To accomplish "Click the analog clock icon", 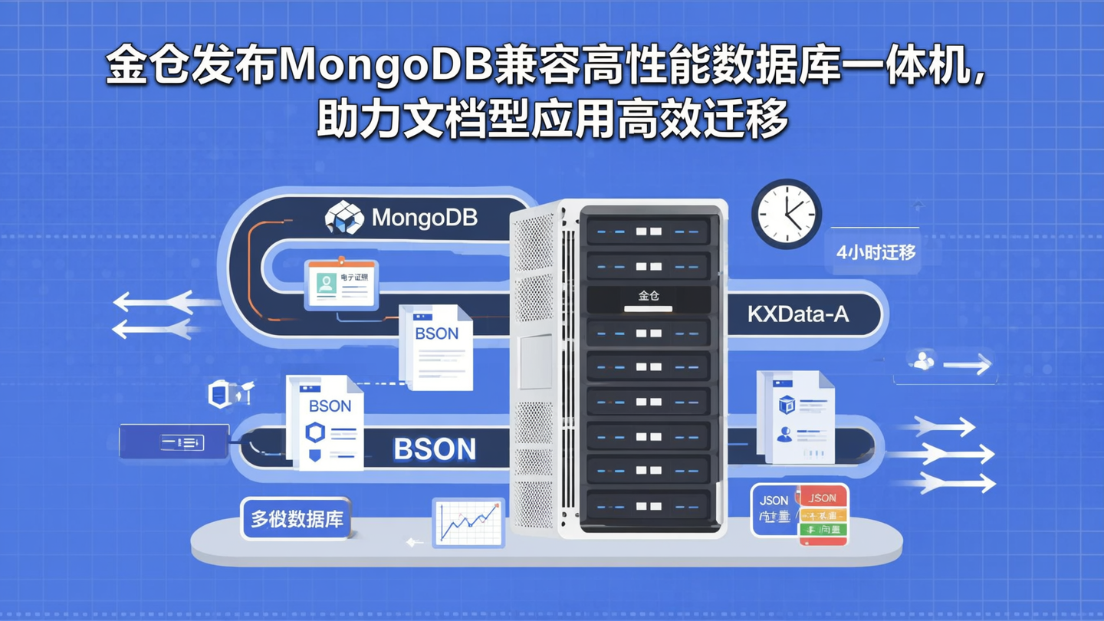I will pyautogui.click(x=786, y=214).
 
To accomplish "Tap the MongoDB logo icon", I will pyautogui.click(x=344, y=218).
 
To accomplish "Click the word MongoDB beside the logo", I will pyautogui.click(x=424, y=218).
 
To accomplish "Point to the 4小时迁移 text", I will pyautogui.click(x=876, y=251).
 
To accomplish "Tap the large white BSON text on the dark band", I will pyautogui.click(x=434, y=449).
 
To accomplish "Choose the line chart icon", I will pyautogui.click(x=468, y=522).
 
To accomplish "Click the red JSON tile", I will pyautogui.click(x=823, y=498).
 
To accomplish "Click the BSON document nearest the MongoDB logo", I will pyautogui.click(x=435, y=347).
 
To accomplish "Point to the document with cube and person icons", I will pyautogui.click(x=794, y=416).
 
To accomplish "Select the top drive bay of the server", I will pyautogui.click(x=649, y=231).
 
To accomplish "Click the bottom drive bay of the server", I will pyautogui.click(x=649, y=506).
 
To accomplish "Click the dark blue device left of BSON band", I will pyautogui.click(x=174, y=442).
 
